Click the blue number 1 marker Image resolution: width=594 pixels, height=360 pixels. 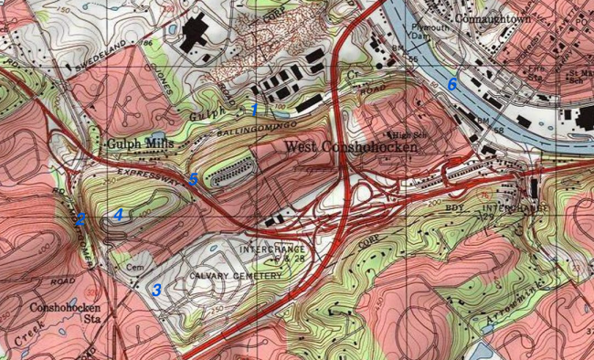(255, 110)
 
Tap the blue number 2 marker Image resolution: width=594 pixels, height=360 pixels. (80, 219)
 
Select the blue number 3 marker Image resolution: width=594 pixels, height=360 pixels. (157, 290)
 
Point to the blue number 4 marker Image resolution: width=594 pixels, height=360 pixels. (117, 215)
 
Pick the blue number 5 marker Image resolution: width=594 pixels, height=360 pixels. (193, 179)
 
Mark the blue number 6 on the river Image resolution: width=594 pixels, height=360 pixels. (451, 84)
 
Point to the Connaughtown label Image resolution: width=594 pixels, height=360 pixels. (491, 16)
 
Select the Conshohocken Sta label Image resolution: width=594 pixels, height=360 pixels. (64, 314)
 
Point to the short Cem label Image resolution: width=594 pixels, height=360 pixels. (135, 267)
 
